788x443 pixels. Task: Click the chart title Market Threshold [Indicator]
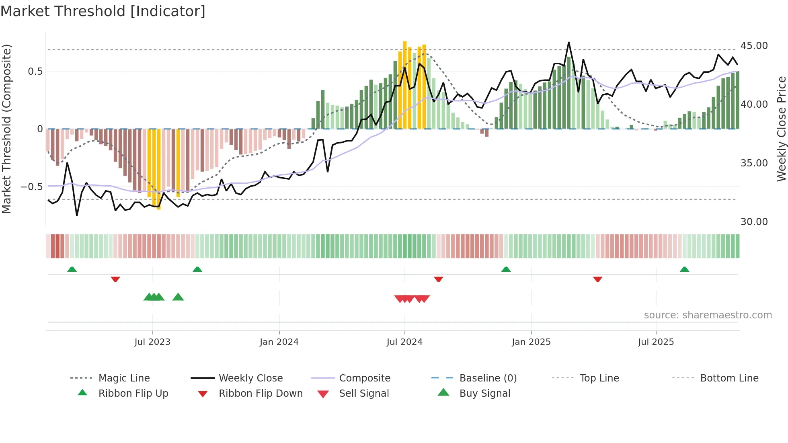[103, 11]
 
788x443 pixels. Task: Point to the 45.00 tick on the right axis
[754, 46]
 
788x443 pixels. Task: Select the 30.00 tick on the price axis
[754, 222]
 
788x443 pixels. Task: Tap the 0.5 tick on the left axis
[35, 72]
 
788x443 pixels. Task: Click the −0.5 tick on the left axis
[31, 187]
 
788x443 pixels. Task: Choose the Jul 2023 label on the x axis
[152, 342]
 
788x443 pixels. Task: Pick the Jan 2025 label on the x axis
[531, 342]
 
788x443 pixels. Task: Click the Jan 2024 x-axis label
[279, 342]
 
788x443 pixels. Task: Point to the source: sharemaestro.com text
[708, 315]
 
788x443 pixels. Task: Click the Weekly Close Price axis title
[781, 129]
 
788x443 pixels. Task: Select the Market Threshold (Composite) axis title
[6, 129]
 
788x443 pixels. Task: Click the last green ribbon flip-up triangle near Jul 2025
[684, 269]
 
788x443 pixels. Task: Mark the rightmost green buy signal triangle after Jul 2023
[178, 297]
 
